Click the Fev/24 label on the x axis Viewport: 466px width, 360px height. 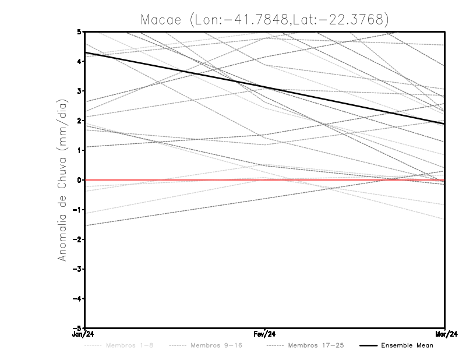(265, 334)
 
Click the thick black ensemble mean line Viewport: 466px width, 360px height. (265, 88)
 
